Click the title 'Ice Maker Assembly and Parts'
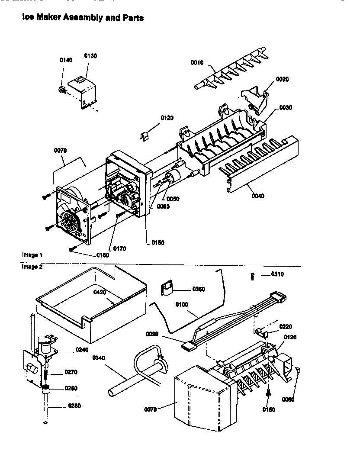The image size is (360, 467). pos(83,18)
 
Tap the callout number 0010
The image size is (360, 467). pos(197,63)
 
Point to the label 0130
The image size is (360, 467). pos(90,56)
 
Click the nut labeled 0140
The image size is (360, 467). pos(61,90)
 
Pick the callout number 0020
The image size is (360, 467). pos(282,79)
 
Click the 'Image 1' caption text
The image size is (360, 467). pos(32,254)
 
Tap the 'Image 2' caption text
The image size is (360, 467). pos(32,267)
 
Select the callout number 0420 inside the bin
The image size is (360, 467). pos(100,292)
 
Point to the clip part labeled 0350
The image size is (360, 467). pos(166,288)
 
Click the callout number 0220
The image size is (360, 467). pos(285,326)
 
